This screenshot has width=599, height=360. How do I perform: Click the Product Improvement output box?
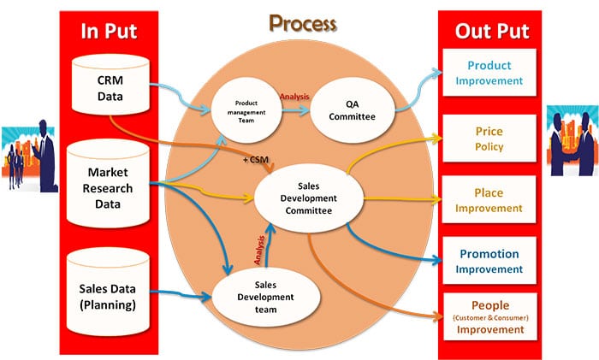(x=489, y=73)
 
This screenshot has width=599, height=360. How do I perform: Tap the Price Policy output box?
(x=489, y=139)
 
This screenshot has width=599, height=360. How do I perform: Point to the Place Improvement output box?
(x=489, y=200)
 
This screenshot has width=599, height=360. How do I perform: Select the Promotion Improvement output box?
(x=489, y=261)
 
